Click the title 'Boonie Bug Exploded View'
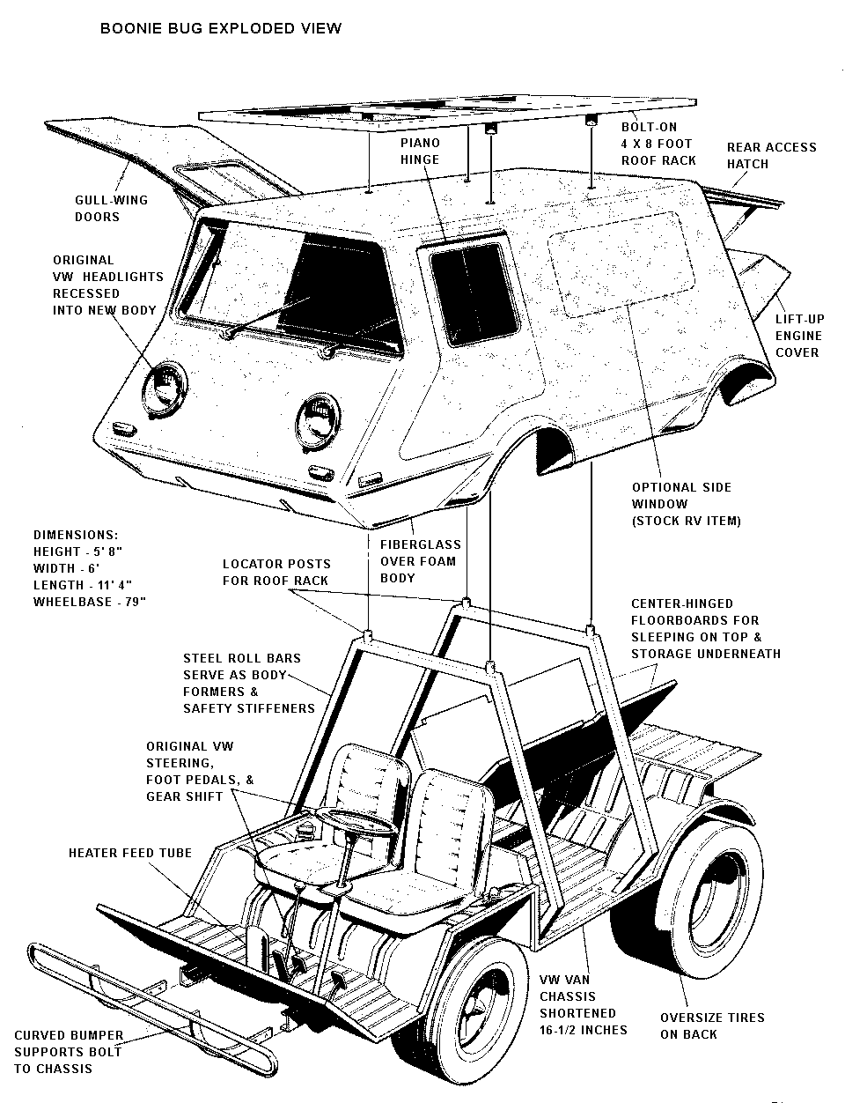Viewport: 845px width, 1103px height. (x=221, y=28)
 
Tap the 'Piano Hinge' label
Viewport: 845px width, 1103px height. (x=420, y=151)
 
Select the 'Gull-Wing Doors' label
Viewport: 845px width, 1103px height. (x=111, y=208)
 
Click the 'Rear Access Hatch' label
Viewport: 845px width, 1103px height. (x=771, y=155)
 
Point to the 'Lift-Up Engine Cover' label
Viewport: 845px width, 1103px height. (x=799, y=336)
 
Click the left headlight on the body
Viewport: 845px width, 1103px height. (x=164, y=386)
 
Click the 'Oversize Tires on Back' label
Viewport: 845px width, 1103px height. (x=712, y=1025)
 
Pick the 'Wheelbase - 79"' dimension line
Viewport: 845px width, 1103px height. (x=89, y=602)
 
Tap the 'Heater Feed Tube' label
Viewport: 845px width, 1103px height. (x=130, y=853)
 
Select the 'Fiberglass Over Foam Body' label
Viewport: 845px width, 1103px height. (x=420, y=561)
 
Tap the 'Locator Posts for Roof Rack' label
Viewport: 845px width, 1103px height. (x=276, y=572)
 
